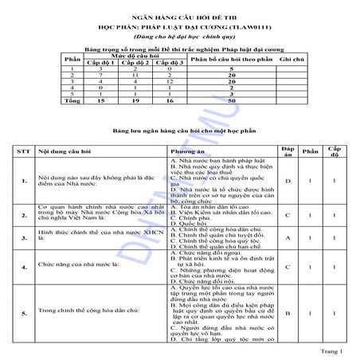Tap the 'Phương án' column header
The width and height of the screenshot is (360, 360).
coord(186,150)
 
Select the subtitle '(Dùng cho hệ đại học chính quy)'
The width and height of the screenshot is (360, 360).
coord(179,35)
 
